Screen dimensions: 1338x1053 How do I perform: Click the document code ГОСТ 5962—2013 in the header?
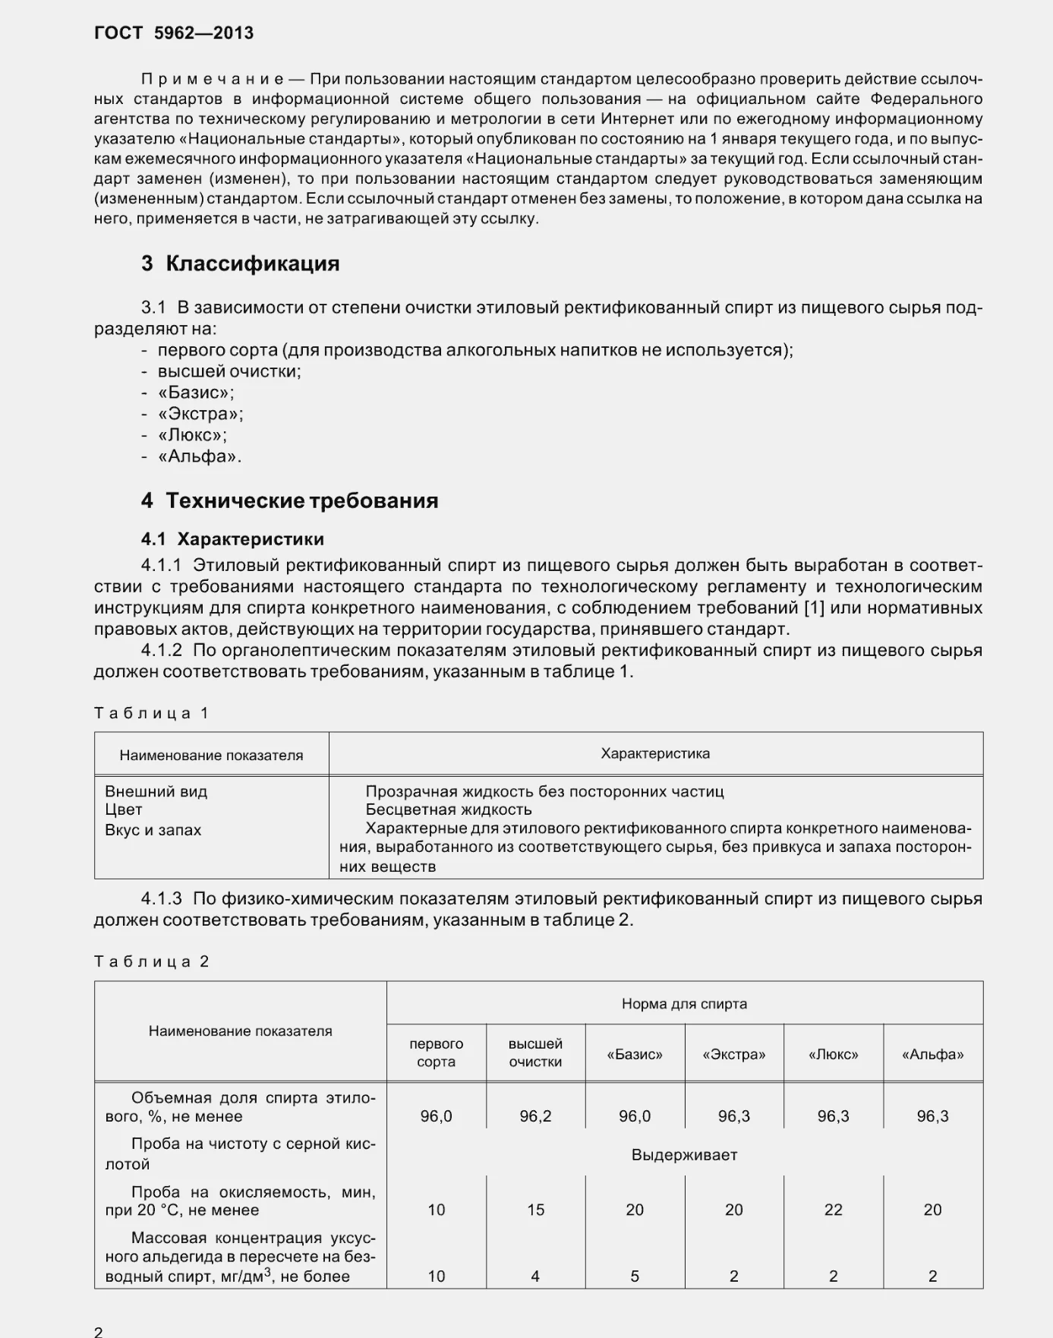174,33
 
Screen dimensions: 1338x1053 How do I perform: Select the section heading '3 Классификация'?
240,263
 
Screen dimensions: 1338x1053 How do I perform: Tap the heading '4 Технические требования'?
289,500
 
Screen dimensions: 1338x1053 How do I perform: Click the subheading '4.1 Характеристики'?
232,539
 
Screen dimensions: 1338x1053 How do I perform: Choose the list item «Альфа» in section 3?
199,456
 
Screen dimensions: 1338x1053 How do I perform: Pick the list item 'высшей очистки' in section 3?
229,371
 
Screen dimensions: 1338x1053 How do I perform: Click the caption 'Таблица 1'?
151,713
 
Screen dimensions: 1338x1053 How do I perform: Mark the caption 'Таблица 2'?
151,961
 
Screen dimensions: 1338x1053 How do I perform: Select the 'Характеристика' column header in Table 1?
655,753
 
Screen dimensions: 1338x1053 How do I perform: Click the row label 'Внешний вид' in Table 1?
156,791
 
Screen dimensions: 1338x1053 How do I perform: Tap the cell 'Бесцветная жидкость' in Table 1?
448,809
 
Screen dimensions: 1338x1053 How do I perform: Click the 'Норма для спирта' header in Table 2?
684,1004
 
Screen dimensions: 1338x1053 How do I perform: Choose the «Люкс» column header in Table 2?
833,1054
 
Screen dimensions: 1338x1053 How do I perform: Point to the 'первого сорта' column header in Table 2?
436,1052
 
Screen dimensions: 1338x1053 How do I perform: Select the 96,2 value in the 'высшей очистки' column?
535,1116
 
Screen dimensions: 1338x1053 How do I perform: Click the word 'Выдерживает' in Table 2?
684,1155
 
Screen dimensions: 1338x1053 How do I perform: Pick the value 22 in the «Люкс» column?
833,1210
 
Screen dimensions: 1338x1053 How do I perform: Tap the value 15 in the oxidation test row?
535,1210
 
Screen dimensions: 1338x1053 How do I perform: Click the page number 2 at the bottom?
99,1331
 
